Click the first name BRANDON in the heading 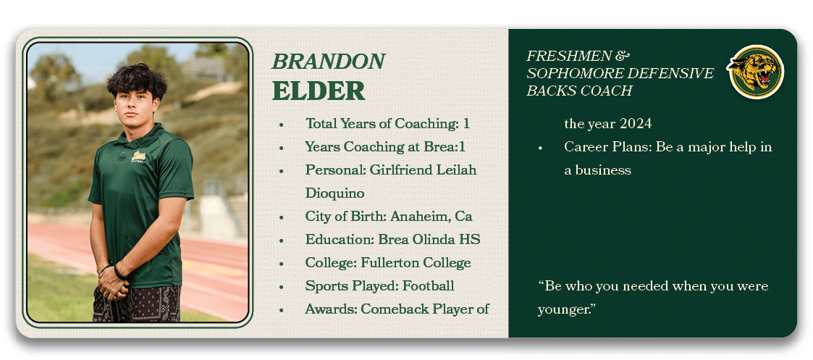328,62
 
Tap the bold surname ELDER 319,91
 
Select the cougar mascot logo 756,72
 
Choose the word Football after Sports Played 429,285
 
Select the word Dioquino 334,193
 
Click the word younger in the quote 566,310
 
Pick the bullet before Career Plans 540,148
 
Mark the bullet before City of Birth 281,217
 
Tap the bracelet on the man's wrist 119,272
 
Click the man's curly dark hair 138,80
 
